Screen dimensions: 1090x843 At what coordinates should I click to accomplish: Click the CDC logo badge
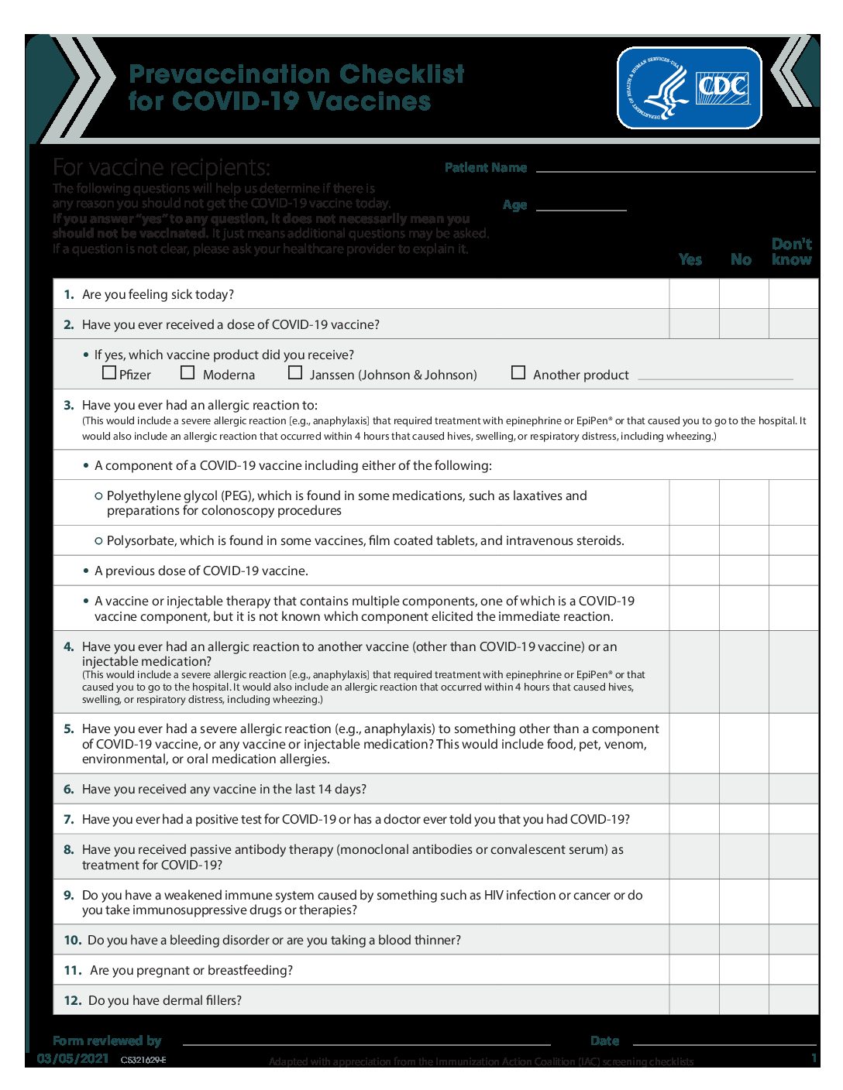point(689,87)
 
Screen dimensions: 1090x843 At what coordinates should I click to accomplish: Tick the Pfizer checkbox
point(109,372)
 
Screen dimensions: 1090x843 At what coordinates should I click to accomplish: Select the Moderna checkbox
point(188,372)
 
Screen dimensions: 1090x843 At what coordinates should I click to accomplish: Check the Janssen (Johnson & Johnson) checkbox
point(295,372)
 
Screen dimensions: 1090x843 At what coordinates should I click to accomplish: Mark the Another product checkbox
point(518,372)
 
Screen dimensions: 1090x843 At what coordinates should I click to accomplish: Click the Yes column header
point(690,259)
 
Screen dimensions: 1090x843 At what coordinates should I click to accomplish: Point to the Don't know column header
point(792,252)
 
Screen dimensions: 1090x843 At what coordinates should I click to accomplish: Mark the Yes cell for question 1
point(694,294)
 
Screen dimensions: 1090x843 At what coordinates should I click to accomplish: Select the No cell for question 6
point(744,789)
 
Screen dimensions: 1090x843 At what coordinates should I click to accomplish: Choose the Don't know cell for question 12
point(793,1000)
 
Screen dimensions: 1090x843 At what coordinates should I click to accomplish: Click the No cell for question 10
point(744,940)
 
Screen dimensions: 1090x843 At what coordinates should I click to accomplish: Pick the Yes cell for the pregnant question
point(694,970)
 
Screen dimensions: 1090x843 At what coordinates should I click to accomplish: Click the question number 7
point(69,819)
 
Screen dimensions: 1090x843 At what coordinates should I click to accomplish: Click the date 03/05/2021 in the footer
point(73,1058)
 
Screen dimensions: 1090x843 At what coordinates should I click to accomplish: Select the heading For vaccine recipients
point(161,167)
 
